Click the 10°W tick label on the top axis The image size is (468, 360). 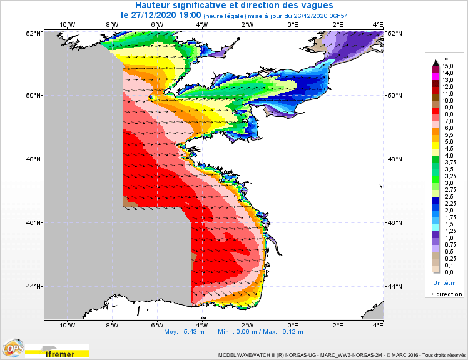tap(67, 26)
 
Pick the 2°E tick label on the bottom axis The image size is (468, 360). tap(337, 326)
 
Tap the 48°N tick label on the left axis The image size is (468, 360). tap(34, 159)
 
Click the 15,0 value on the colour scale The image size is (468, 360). tap(447, 66)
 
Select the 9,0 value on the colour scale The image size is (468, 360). tap(447, 107)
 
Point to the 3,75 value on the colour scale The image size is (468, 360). tap(449, 162)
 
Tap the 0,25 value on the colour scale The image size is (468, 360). tap(449, 258)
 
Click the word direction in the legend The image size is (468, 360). tap(449, 294)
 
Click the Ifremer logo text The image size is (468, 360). tap(61, 354)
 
